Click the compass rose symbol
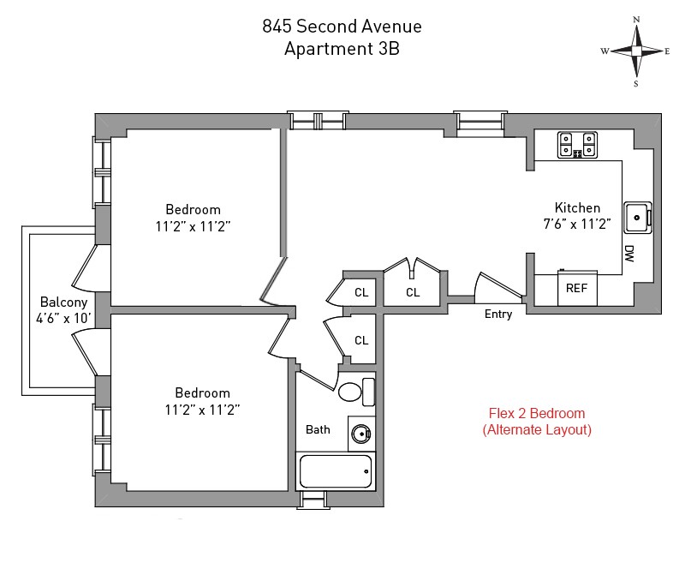[636, 51]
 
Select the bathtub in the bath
[335, 470]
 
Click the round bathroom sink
[361, 433]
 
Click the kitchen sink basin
[636, 217]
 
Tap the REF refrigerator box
[576, 288]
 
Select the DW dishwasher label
[628, 253]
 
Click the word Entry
[498, 314]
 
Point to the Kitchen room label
[577, 207]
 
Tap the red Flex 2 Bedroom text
[536, 412]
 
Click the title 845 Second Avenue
[342, 27]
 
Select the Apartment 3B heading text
[342, 49]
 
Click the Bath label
[318, 428]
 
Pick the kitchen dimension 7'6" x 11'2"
[577, 225]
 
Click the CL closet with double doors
[413, 292]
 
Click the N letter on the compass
[636, 19]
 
